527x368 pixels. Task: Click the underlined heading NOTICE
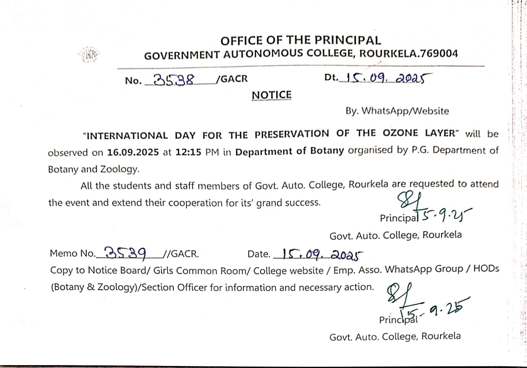[x=271, y=95]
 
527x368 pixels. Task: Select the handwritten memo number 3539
[x=126, y=252]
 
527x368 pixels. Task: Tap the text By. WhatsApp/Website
[x=397, y=111]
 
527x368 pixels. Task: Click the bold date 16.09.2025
[x=133, y=152]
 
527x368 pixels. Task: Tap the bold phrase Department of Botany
[x=289, y=151]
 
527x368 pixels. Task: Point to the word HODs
[x=486, y=269]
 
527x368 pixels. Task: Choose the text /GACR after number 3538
[x=232, y=79]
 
